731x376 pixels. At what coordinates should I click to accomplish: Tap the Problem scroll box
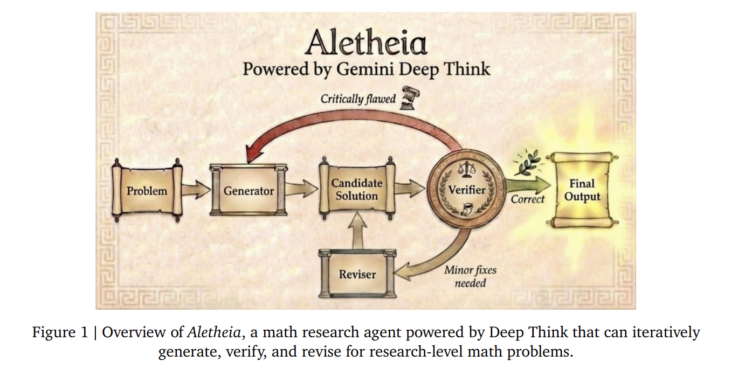click(147, 191)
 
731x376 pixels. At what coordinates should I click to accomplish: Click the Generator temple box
click(249, 191)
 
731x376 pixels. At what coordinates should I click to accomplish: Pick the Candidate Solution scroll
click(356, 190)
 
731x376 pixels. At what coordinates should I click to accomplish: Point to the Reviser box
click(357, 274)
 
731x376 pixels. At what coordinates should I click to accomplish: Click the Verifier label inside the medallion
click(467, 190)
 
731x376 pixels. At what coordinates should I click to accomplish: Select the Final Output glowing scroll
click(582, 190)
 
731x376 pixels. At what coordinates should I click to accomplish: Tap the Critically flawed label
click(358, 99)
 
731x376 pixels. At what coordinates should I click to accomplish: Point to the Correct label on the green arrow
click(527, 199)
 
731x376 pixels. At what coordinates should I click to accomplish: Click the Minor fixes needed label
click(470, 276)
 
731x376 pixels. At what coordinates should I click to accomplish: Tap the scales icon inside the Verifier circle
click(464, 170)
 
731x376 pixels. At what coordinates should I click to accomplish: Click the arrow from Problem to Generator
click(195, 190)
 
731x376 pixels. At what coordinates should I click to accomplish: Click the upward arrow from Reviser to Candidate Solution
click(357, 229)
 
